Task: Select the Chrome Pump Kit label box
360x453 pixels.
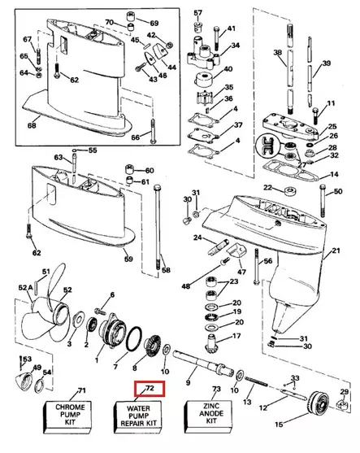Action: tap(80, 415)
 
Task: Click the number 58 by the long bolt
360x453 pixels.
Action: tap(165, 269)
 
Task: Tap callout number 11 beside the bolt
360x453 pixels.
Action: tap(331, 103)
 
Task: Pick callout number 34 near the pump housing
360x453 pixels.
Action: tap(235, 46)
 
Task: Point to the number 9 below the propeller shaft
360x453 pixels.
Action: tap(188, 382)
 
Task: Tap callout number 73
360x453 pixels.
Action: tap(216, 390)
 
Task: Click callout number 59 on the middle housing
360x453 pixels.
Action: tap(128, 259)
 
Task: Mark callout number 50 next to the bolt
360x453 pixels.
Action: tap(337, 190)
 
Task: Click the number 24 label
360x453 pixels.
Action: tap(197, 237)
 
